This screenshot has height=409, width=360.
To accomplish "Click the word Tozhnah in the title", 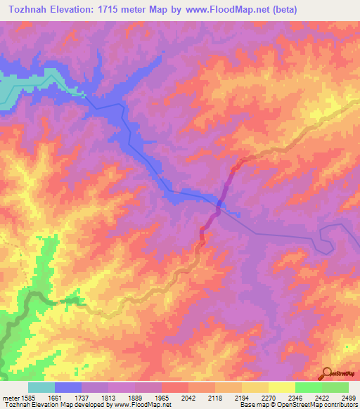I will [30, 10].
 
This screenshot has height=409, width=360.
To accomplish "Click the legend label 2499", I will [348, 397].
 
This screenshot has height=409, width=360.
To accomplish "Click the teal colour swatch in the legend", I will [41, 387].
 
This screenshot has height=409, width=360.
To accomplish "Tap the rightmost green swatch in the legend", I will [335, 387].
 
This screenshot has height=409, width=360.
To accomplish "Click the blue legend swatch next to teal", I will [68, 387].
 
